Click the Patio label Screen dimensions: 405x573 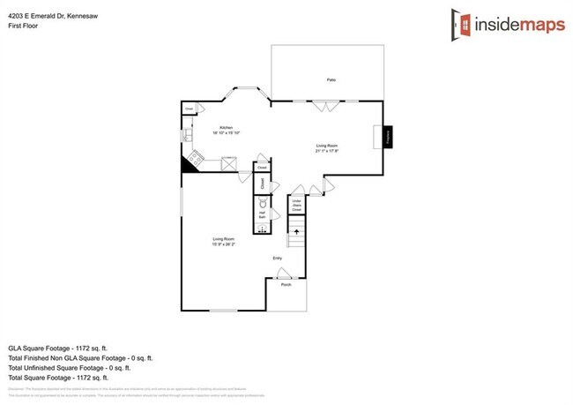click(331, 80)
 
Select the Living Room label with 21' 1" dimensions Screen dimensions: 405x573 click(327, 147)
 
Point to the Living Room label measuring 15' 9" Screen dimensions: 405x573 click(226, 242)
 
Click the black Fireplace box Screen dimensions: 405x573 click(387, 138)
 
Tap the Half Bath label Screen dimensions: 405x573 click(262, 215)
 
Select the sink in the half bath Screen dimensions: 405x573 click(262, 229)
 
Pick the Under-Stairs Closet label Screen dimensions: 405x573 click(297, 206)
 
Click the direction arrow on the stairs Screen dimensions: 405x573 click(296, 233)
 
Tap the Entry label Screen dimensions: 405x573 click(277, 259)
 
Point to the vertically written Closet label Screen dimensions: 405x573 click(262, 183)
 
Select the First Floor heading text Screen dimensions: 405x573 click(24, 26)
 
